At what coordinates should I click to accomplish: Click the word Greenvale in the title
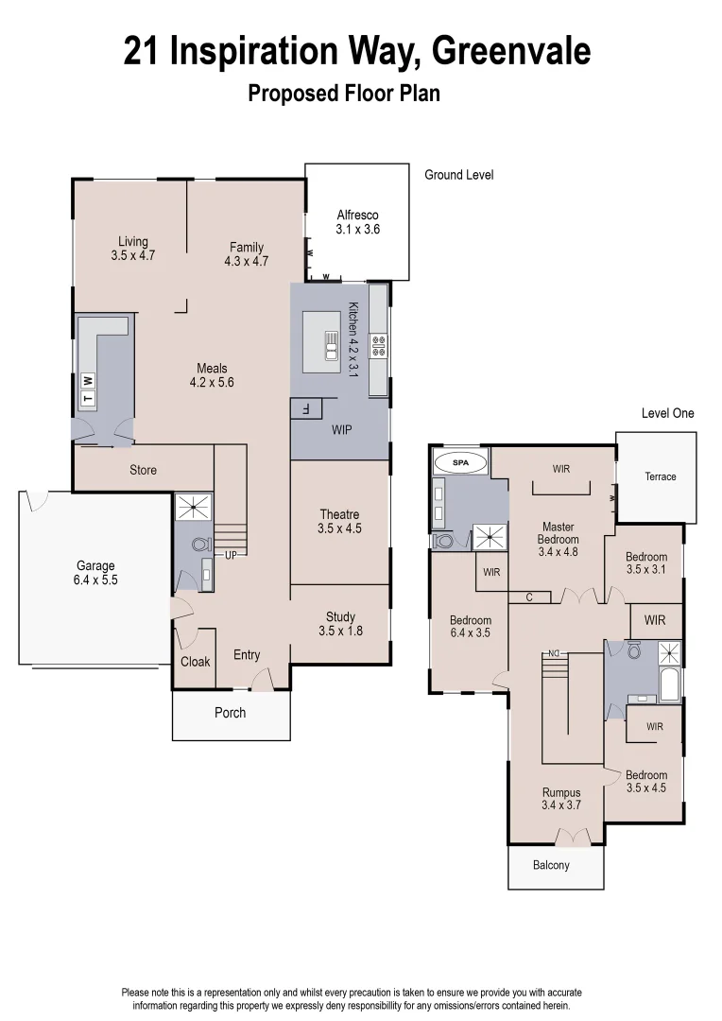[510, 52]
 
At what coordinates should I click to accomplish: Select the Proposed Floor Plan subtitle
[343, 94]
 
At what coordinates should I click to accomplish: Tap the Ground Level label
[458, 175]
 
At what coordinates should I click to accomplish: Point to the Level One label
[667, 413]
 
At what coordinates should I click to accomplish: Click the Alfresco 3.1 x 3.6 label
[357, 222]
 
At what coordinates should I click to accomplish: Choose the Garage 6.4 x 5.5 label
[95, 574]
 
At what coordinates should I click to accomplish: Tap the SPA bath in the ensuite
[461, 463]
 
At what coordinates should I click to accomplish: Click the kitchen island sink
[332, 345]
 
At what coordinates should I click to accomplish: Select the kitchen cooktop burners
[378, 345]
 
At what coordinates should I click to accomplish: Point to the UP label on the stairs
[230, 555]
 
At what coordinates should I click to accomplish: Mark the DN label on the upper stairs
[555, 653]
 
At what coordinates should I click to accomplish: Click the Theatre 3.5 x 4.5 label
[339, 522]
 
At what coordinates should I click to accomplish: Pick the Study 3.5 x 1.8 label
[340, 624]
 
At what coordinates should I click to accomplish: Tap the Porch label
[230, 713]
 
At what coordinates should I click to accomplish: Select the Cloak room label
[196, 662]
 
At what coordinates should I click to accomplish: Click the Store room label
[143, 470]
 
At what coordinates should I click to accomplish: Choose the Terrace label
[661, 476]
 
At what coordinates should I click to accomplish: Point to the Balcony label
[551, 865]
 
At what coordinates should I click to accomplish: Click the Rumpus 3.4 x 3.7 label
[560, 799]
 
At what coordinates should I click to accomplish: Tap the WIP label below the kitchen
[341, 429]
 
